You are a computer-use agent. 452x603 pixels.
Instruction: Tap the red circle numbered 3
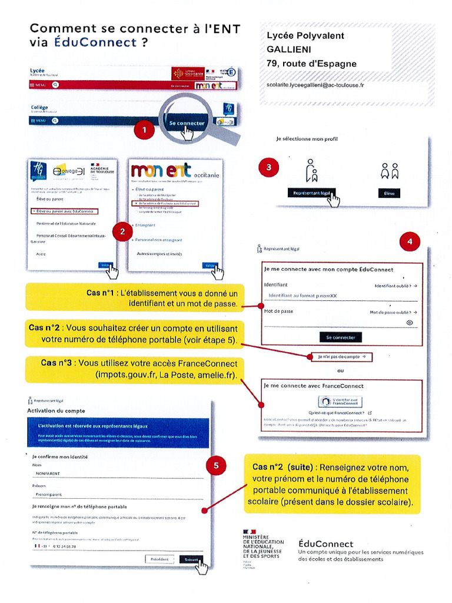(268, 168)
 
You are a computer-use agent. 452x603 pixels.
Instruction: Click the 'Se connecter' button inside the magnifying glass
(187, 124)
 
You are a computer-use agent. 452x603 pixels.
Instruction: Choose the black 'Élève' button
(389, 193)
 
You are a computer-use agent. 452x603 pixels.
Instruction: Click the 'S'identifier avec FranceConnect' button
(341, 402)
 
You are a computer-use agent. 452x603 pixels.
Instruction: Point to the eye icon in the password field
(410, 323)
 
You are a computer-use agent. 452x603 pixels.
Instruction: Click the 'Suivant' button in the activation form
(191, 559)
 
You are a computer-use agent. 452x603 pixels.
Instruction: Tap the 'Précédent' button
(159, 559)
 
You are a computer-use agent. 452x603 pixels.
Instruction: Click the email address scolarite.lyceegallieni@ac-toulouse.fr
(315, 85)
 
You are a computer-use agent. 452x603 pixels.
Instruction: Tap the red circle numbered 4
(410, 241)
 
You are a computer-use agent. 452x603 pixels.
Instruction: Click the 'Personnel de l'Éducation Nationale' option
(66, 224)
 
